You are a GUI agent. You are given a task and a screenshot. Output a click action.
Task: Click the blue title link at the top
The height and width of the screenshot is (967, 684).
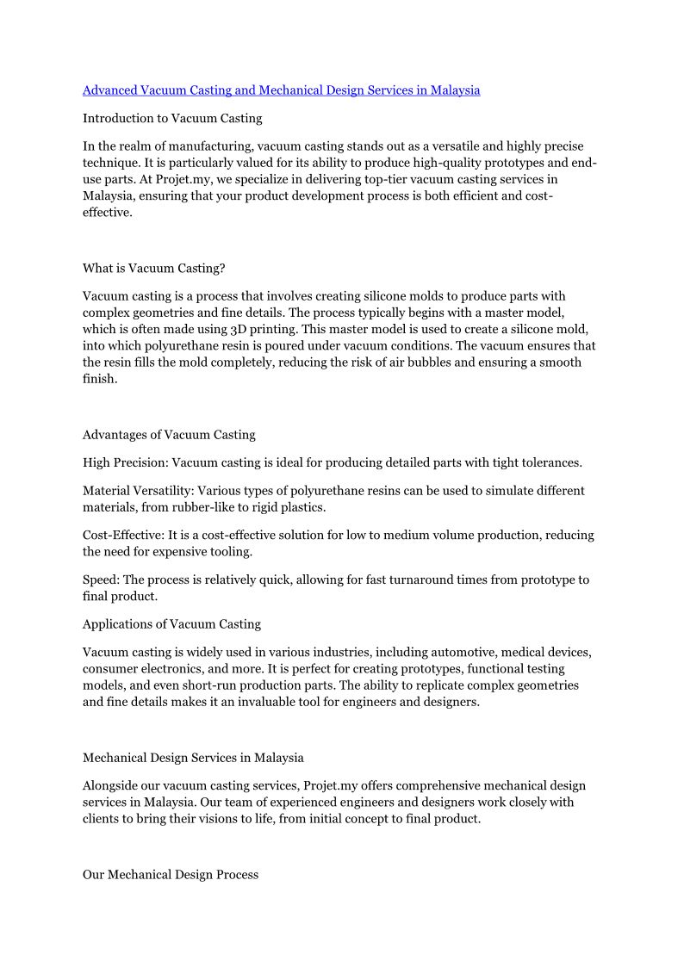click(x=281, y=90)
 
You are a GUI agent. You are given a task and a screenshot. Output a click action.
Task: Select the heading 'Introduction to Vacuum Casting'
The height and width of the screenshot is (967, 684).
click(x=172, y=118)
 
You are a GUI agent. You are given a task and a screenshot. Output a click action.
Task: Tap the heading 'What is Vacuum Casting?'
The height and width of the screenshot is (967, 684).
click(x=153, y=268)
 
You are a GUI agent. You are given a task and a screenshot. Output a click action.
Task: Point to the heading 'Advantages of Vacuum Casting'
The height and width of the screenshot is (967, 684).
click(x=169, y=434)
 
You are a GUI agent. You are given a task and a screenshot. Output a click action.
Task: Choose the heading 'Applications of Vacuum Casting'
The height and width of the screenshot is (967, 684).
click(x=171, y=623)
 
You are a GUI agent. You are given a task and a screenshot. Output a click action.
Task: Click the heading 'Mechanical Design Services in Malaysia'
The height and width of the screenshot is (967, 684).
click(x=193, y=758)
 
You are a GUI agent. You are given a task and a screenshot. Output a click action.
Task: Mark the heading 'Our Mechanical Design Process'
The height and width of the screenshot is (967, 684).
click(x=171, y=874)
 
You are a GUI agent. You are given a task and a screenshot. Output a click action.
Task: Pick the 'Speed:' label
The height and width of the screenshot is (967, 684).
click(x=101, y=580)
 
